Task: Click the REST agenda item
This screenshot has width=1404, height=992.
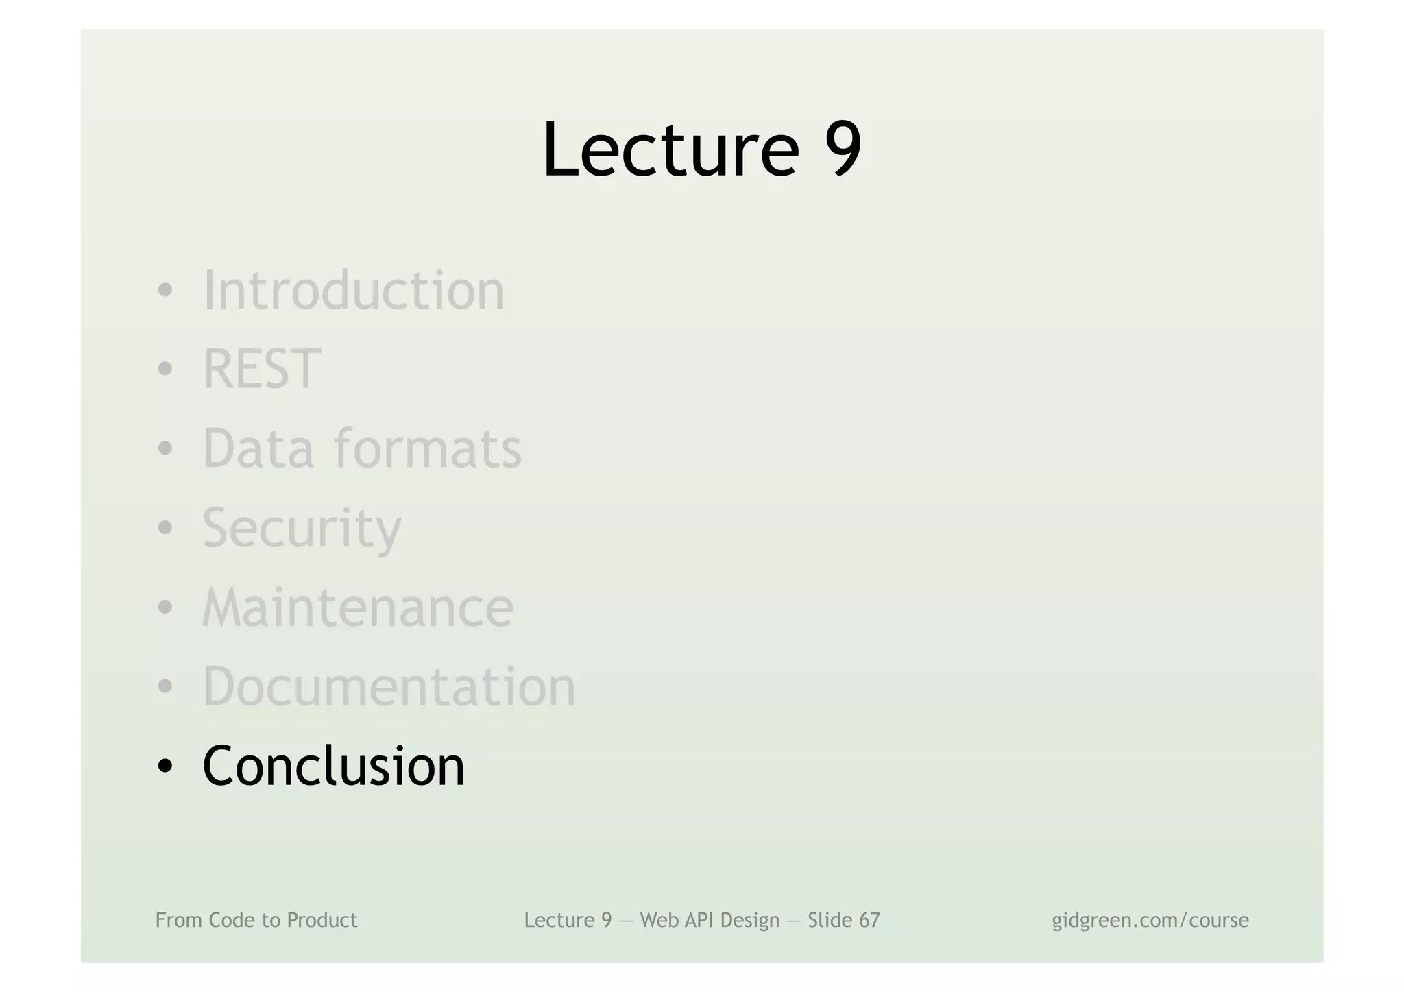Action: pos(262,369)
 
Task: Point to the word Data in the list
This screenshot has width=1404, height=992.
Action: pos(258,448)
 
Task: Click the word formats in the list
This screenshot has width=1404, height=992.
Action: pos(428,448)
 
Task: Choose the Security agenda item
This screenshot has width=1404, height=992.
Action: pos(302,528)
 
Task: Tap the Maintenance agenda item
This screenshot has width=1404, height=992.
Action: pos(358,607)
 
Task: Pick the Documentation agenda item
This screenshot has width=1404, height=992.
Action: pos(389,686)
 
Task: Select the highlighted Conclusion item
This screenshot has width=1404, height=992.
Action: pos(334,766)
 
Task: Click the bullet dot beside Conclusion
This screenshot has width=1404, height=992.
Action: pos(165,766)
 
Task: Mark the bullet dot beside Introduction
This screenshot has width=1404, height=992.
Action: pos(165,291)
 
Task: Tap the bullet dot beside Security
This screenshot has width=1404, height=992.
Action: pos(165,529)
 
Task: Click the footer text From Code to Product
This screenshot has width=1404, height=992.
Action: pos(256,920)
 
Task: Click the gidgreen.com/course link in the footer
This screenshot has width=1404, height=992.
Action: pos(1150,920)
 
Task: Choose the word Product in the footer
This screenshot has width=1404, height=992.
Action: pos(322,920)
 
